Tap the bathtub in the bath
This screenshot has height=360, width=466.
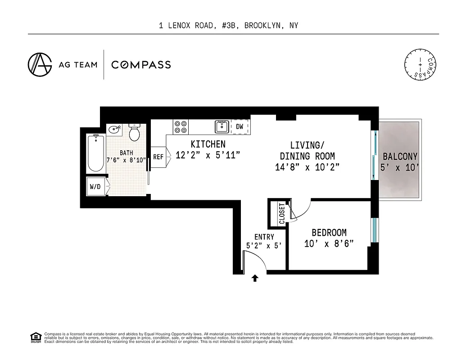click(95, 153)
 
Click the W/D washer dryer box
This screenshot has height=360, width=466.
click(95, 186)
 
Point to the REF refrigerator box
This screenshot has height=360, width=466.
click(158, 157)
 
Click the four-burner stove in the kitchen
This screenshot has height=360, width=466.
click(181, 126)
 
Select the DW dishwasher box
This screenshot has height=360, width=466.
click(240, 127)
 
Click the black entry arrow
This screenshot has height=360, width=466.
click(255, 278)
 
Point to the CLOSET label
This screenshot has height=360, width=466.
click(282, 214)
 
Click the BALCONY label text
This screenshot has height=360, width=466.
click(400, 157)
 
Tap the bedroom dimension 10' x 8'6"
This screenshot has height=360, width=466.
click(329, 243)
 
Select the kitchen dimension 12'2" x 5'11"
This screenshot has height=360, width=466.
click(208, 155)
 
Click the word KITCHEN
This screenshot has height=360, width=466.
click(208, 144)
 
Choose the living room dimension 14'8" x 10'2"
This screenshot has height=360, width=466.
click(307, 167)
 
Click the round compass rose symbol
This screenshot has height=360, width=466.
click(421, 65)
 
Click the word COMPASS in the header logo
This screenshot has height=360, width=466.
click(141, 65)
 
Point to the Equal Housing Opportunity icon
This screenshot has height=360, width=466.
click(35, 337)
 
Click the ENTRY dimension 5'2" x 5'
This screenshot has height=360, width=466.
click(264, 246)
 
